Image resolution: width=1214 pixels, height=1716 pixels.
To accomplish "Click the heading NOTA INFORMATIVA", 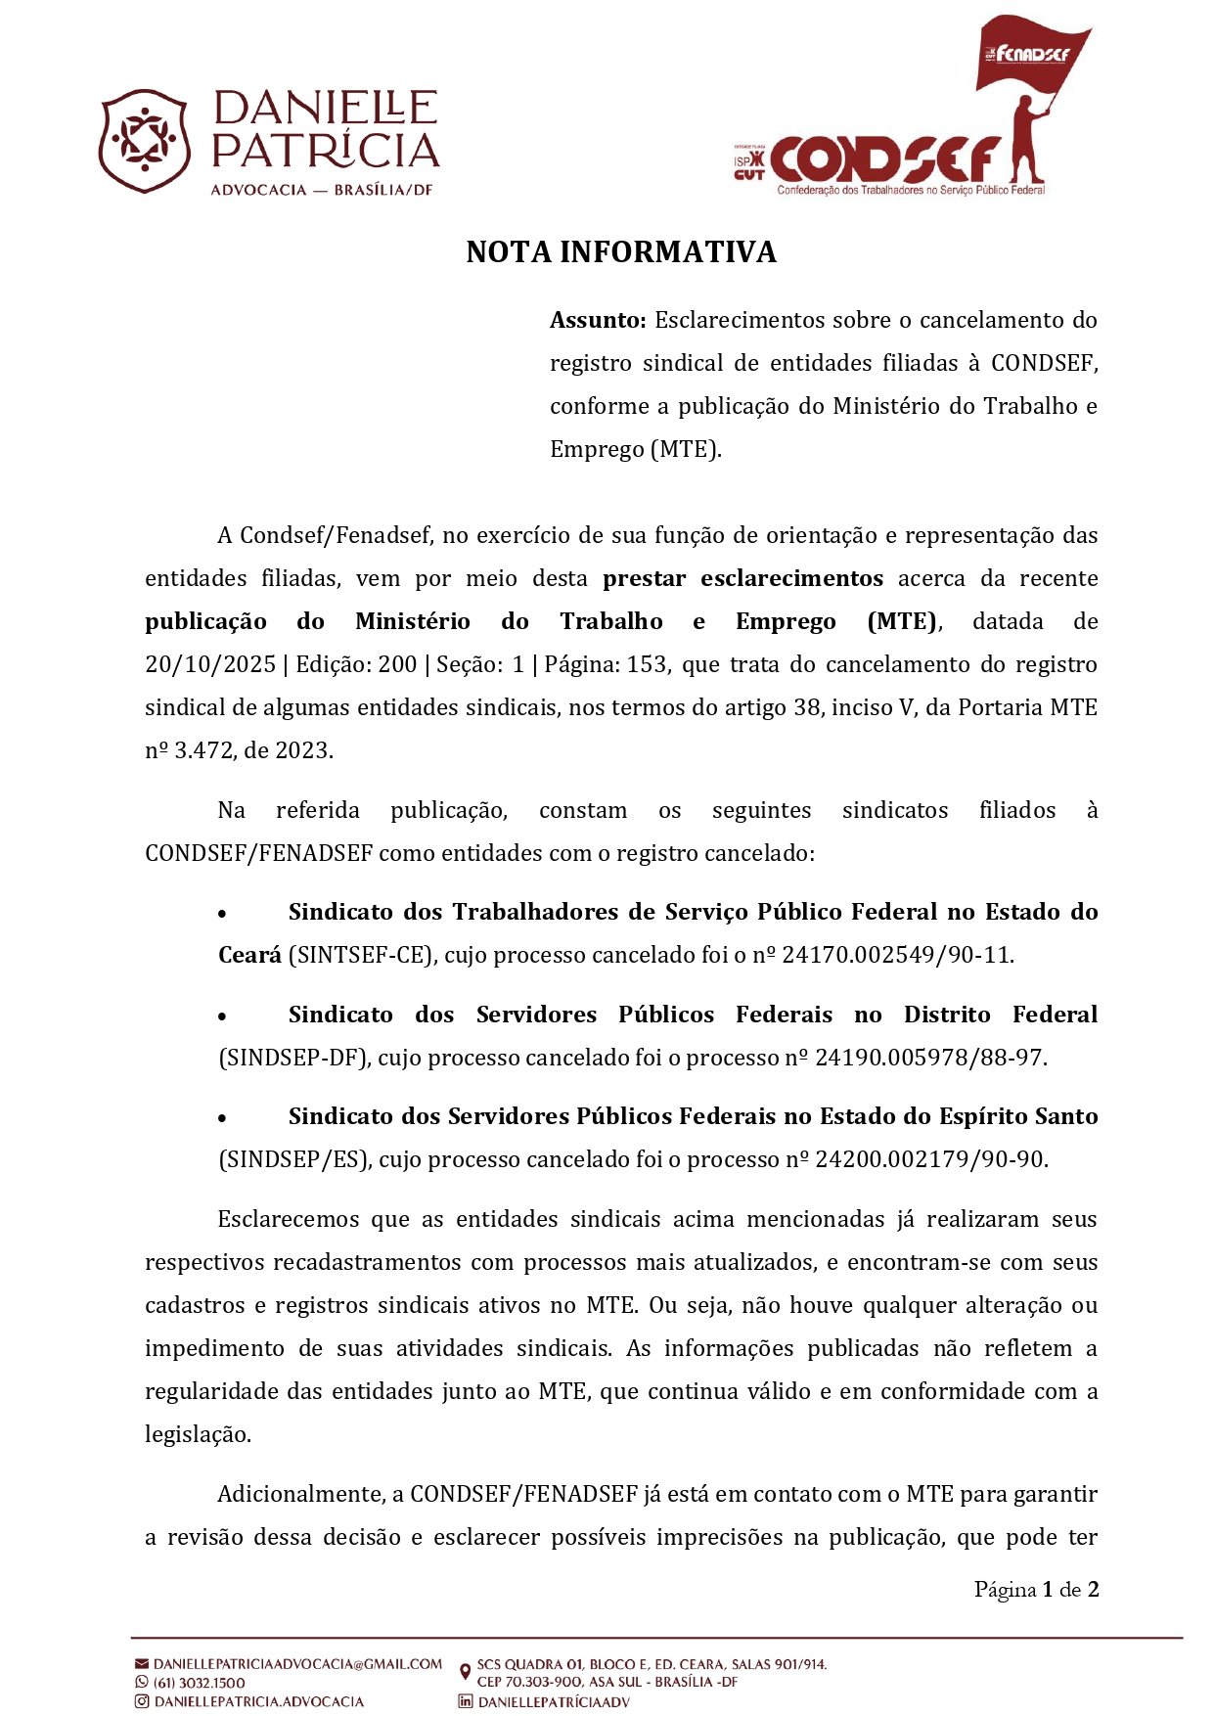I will pyautogui.click(x=620, y=252).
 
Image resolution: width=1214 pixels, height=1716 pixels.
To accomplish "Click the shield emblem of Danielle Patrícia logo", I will pyautogui.click(x=144, y=141).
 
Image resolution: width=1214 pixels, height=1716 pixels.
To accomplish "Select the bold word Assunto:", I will pyautogui.click(x=598, y=320).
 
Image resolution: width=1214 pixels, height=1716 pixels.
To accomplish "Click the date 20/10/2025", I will pyautogui.click(x=209, y=664).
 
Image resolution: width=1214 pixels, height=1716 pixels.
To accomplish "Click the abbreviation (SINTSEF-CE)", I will pyautogui.click(x=360, y=955).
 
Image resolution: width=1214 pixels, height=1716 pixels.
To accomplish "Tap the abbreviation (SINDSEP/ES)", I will pyautogui.click(x=294, y=1159).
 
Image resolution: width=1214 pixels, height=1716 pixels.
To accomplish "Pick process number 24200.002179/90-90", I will pyautogui.click(x=930, y=1159).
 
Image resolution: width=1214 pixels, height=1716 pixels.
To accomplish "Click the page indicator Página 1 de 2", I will pyautogui.click(x=1036, y=1590).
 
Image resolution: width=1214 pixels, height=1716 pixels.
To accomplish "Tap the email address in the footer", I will pyautogui.click(x=297, y=1664).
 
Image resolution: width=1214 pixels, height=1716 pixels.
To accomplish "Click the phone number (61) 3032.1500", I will pyautogui.click(x=200, y=1683).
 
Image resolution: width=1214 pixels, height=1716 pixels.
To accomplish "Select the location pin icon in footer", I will pyautogui.click(x=465, y=1673).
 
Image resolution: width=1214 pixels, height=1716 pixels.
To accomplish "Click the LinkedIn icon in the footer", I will pyautogui.click(x=466, y=1701).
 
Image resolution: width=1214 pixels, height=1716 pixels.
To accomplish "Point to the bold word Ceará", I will pyautogui.click(x=249, y=955).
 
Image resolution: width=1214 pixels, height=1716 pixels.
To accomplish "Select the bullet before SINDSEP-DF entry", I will pyautogui.click(x=223, y=1016).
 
